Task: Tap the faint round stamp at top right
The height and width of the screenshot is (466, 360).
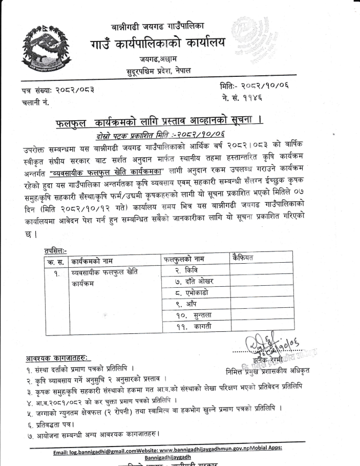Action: click(250, 39)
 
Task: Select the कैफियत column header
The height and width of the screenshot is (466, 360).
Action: click(246, 258)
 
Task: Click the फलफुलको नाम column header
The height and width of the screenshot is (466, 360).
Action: click(188, 259)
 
